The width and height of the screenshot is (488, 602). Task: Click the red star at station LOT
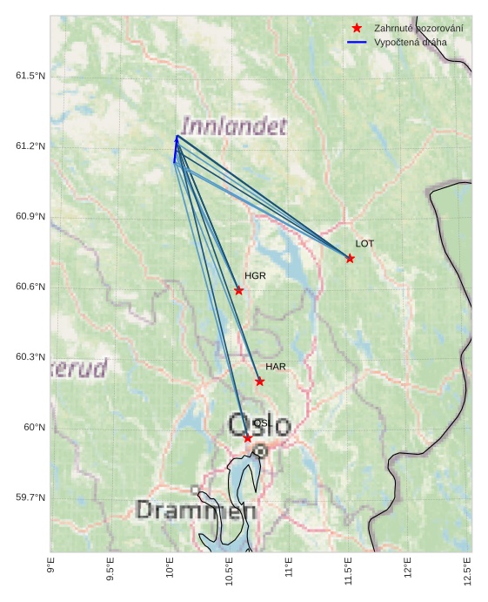(x=350, y=258)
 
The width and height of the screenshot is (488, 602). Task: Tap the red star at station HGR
(x=239, y=290)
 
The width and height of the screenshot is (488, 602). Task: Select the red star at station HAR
(x=259, y=381)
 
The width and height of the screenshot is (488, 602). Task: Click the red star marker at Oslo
(x=248, y=437)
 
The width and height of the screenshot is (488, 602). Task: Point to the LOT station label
(x=364, y=244)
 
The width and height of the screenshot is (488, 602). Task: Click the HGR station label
(x=255, y=276)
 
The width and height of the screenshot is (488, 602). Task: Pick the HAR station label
(x=276, y=367)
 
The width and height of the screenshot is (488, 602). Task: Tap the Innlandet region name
(x=234, y=127)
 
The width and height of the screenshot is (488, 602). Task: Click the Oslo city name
(x=259, y=426)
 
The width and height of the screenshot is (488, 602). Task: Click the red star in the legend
(x=357, y=29)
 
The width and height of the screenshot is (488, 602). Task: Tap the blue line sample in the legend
(x=357, y=42)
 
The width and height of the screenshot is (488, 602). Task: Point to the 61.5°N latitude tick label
(x=30, y=77)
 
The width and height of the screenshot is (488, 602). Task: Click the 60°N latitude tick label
(x=33, y=428)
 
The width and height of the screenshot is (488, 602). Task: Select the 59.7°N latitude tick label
(x=30, y=497)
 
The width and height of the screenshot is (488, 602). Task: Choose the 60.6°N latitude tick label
(x=30, y=287)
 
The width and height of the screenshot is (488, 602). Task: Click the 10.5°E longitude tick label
(x=229, y=572)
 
